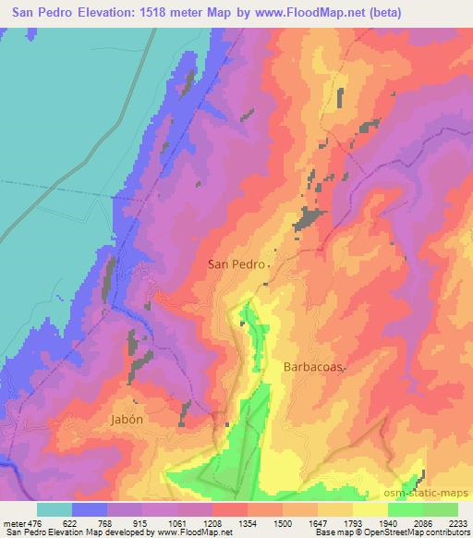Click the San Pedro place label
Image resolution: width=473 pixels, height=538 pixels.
[x=235, y=263]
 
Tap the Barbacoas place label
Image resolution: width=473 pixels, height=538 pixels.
[x=311, y=366]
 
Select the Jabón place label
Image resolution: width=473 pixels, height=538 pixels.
[x=127, y=418]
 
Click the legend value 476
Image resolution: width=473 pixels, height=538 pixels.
[x=35, y=522]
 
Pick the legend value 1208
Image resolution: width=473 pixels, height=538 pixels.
[x=212, y=522]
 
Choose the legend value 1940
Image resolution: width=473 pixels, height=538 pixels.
[x=388, y=522]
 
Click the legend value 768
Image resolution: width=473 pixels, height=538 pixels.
[x=106, y=522]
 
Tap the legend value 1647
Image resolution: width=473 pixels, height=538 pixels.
[x=318, y=522]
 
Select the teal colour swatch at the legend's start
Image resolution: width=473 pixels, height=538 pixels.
[x=55, y=509]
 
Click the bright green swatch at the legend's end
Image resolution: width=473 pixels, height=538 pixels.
[x=441, y=509]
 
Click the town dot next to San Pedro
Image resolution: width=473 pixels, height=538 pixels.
[x=269, y=264]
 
